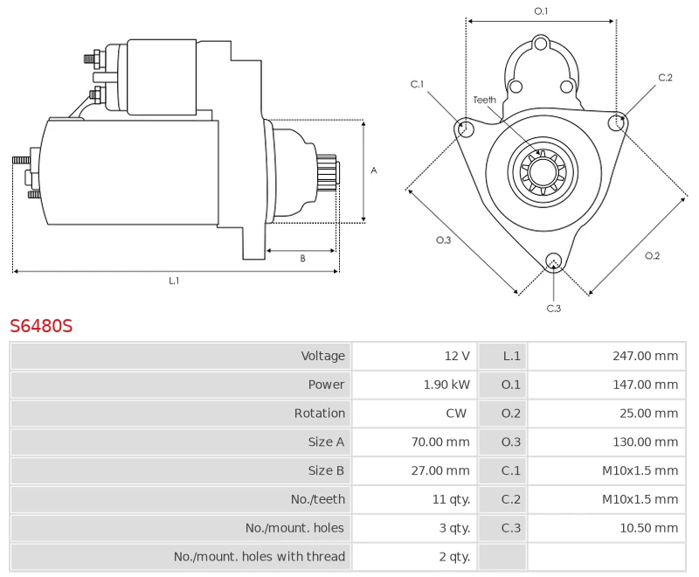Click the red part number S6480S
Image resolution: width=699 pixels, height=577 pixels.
[x=41, y=326]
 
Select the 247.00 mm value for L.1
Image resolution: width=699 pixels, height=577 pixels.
[x=645, y=356]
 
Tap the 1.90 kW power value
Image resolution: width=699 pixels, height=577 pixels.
[x=446, y=385]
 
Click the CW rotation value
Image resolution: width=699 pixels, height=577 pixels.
[x=456, y=414]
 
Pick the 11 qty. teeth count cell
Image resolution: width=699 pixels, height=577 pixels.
[x=451, y=499]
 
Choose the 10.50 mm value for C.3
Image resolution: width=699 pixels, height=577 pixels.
[x=648, y=528]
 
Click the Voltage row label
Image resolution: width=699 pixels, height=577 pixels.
[x=322, y=356]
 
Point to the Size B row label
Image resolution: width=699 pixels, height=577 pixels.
[x=326, y=470]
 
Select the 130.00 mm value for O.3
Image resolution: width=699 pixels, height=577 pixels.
[x=645, y=441]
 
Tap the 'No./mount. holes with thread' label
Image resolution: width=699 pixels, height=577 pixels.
[x=260, y=557]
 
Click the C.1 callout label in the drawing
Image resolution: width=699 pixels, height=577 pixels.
[x=417, y=84]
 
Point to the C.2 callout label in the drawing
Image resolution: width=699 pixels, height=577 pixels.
[x=665, y=78]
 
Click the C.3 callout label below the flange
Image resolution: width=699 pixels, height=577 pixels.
[x=554, y=309]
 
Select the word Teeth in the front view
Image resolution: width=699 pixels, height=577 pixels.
[x=485, y=100]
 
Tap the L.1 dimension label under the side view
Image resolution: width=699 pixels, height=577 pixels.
[x=174, y=281]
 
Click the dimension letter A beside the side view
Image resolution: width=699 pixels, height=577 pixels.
[x=374, y=170]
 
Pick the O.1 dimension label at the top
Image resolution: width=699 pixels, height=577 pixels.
[x=541, y=11]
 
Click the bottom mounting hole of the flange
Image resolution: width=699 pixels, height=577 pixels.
[x=554, y=261]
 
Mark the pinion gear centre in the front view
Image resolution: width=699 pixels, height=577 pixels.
[x=543, y=171]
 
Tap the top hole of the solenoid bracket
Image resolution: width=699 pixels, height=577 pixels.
[x=541, y=44]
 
